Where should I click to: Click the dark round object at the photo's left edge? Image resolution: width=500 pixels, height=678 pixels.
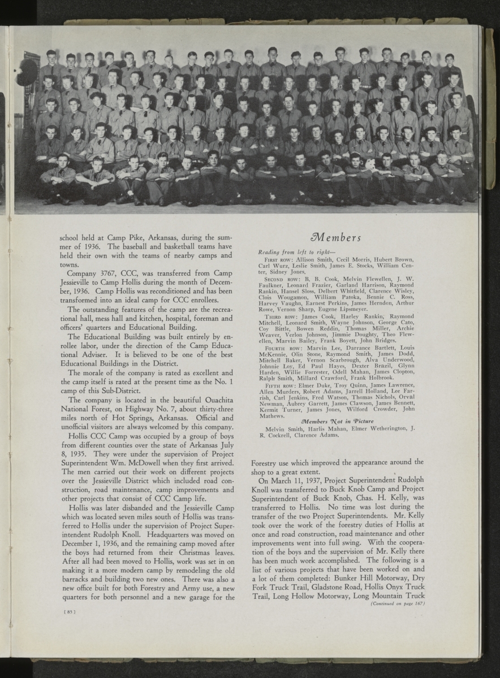pyautogui.click(x=27, y=72)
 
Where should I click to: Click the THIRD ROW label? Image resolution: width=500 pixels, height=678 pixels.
pyautogui.click(x=277, y=316)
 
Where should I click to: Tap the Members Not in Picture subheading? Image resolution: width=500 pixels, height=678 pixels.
pyautogui.click(x=335, y=421)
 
